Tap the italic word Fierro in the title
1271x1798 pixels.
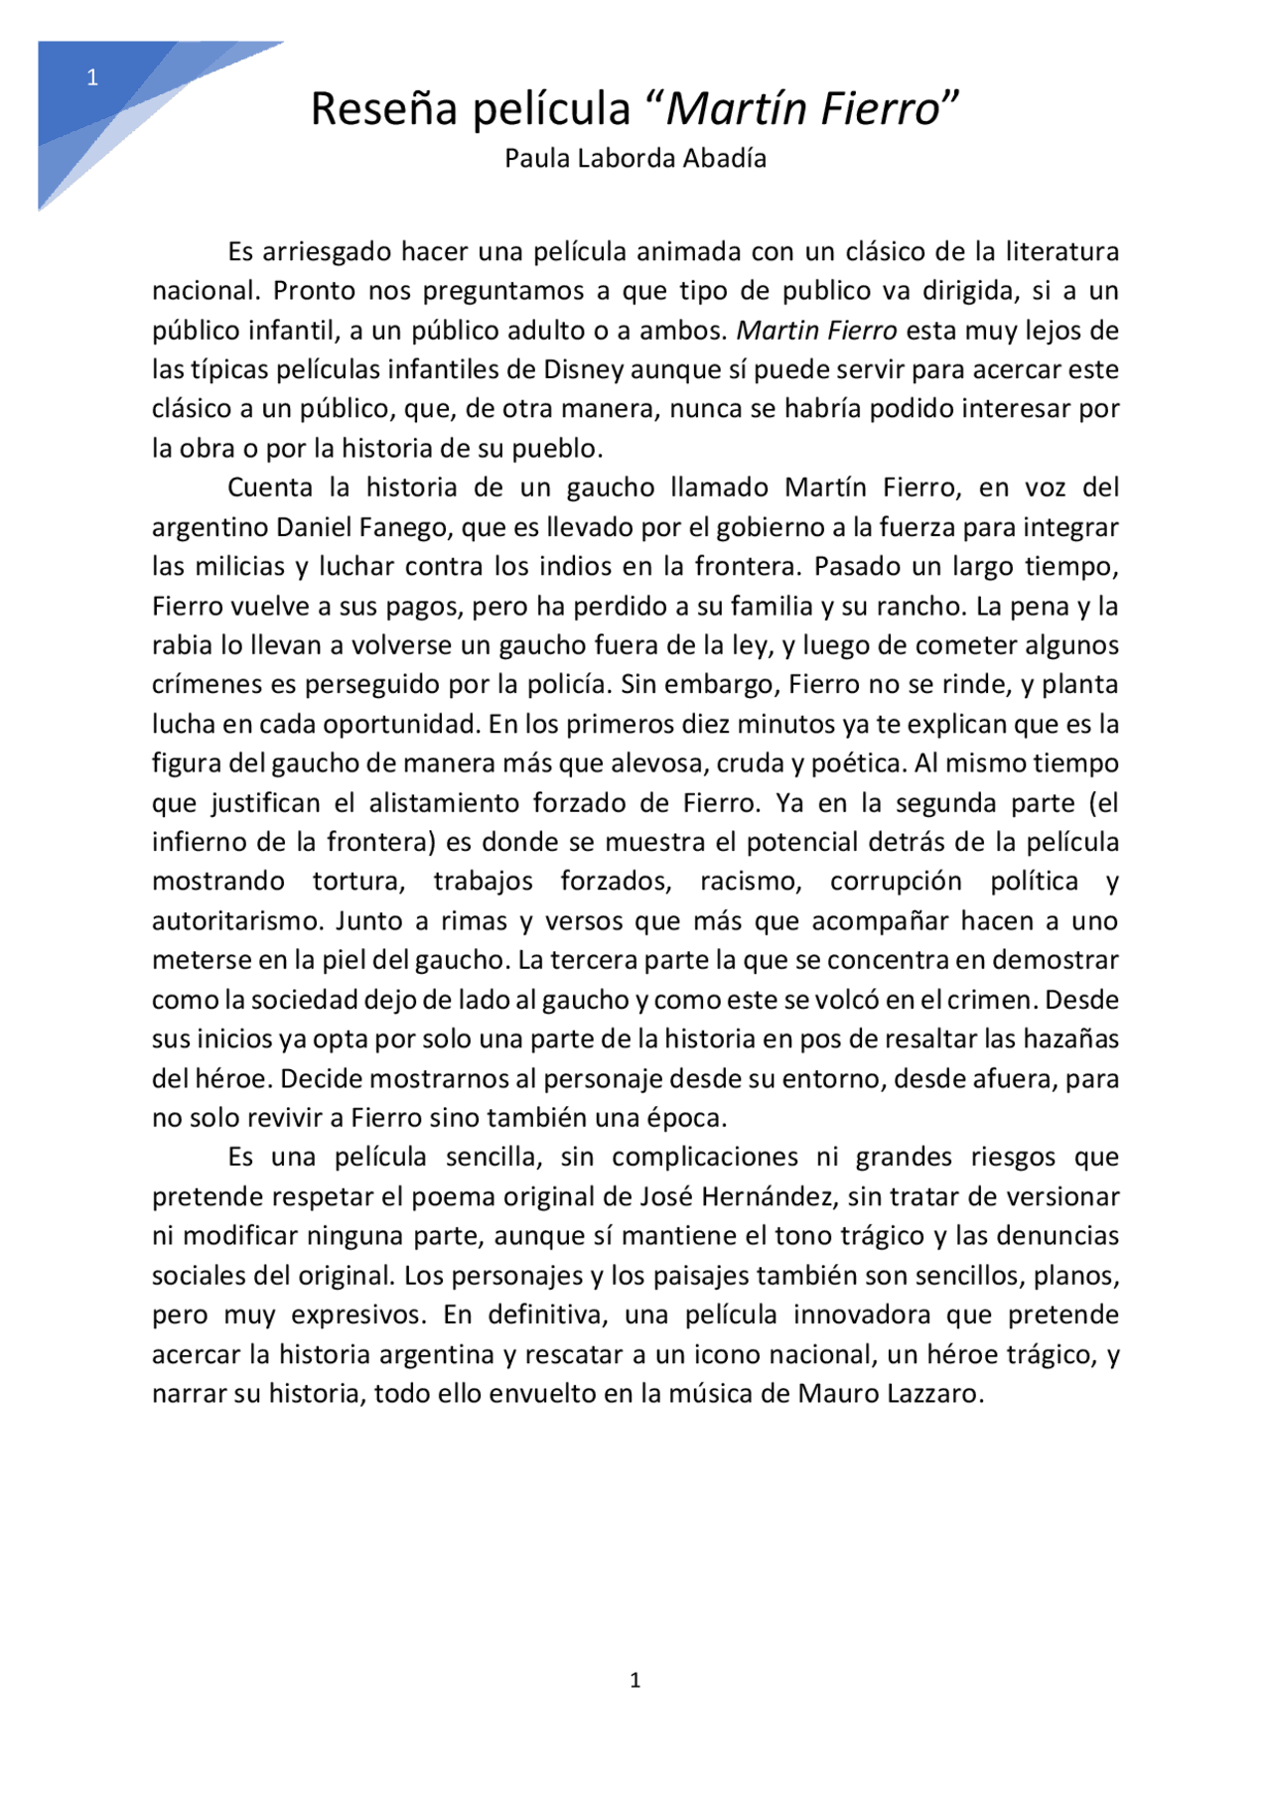tap(882, 109)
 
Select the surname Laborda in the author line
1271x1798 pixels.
tap(616, 159)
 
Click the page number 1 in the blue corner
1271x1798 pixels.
tap(92, 78)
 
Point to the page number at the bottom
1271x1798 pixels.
tap(635, 1680)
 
